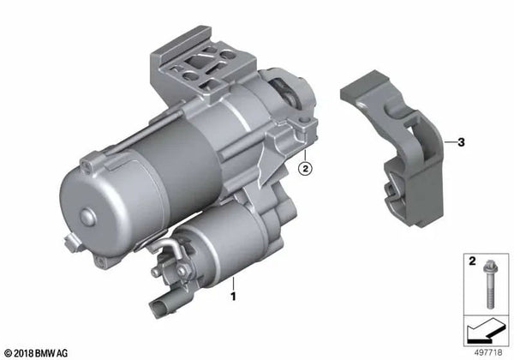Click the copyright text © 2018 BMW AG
tap(41, 351)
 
